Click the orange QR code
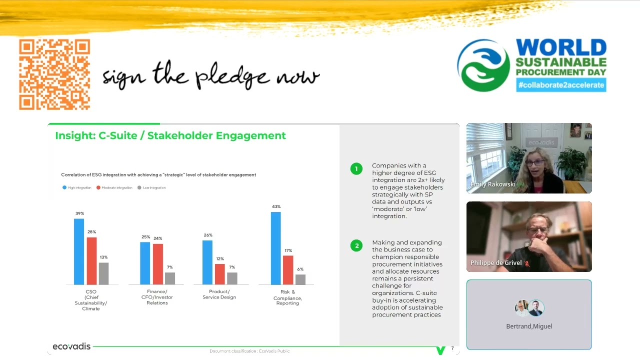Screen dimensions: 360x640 click(x=54, y=75)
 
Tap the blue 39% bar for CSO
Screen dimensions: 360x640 click(x=79, y=251)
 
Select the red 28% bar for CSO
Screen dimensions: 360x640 click(x=91, y=260)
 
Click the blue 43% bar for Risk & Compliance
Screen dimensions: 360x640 click(x=275, y=248)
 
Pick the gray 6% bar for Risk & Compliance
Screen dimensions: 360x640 click(x=300, y=279)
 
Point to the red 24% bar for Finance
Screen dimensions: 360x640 click(x=157, y=264)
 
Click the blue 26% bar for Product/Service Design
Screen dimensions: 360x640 click(x=207, y=262)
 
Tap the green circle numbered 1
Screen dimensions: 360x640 click(x=356, y=169)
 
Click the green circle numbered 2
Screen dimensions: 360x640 click(x=356, y=245)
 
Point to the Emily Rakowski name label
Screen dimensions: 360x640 click(x=493, y=184)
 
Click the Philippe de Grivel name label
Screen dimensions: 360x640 click(x=496, y=263)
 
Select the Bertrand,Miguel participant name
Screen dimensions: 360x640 click(x=529, y=326)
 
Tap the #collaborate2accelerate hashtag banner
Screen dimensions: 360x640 click(x=561, y=85)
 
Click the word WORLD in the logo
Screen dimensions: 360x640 click(x=561, y=48)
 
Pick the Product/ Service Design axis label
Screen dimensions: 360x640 click(x=219, y=294)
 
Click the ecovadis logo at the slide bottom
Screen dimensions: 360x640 click(x=71, y=346)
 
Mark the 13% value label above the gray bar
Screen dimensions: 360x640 click(x=103, y=257)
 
